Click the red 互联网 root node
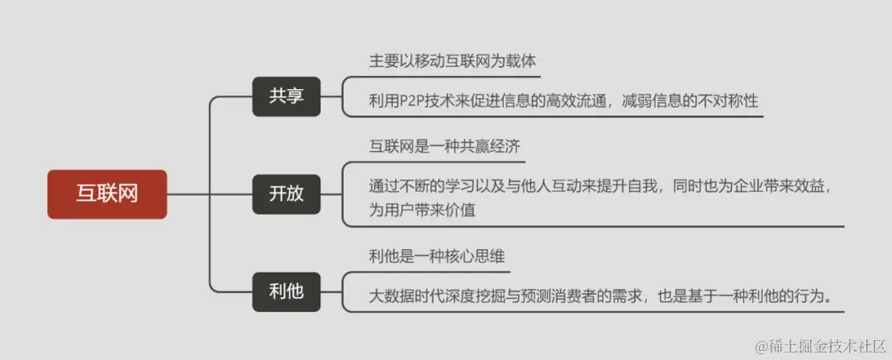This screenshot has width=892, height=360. (107, 194)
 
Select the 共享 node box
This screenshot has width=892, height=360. (286, 96)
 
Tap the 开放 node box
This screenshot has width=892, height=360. (286, 194)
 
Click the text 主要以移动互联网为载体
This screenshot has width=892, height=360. (454, 61)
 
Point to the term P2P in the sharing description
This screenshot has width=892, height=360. (414, 101)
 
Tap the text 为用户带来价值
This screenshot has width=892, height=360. (422, 210)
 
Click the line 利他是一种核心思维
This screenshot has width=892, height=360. (437, 256)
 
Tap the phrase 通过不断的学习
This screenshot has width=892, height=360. (414, 187)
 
